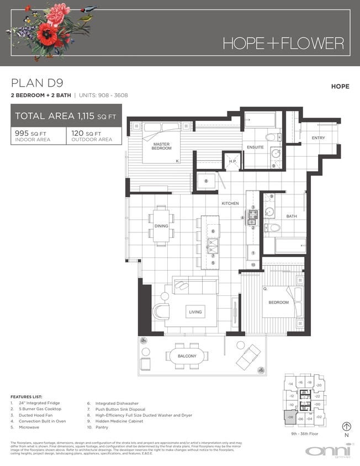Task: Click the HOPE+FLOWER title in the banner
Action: [x=283, y=43]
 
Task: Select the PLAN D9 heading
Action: [x=37, y=83]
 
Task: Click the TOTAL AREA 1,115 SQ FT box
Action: [x=66, y=116]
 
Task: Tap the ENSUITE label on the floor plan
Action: [x=255, y=147]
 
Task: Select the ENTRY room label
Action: [x=318, y=138]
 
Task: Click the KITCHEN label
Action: [x=230, y=204]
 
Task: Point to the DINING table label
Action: [x=161, y=226]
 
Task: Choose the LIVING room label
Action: [x=195, y=312]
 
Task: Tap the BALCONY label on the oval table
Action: [x=187, y=356]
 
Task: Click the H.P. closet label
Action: [x=232, y=162]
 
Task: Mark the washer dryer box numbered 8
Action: [x=206, y=181]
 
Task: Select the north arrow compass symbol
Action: [x=347, y=426]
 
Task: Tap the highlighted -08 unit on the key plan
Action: [x=290, y=419]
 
